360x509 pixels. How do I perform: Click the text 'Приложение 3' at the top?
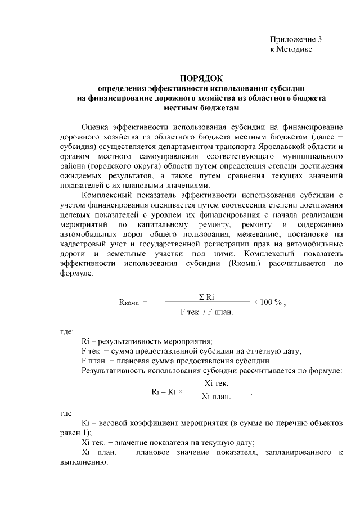(x=295, y=39)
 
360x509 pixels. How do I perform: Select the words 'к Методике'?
(x=291, y=49)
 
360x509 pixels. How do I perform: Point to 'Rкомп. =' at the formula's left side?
(x=133, y=301)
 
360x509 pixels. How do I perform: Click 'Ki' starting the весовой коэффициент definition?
(x=86, y=422)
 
